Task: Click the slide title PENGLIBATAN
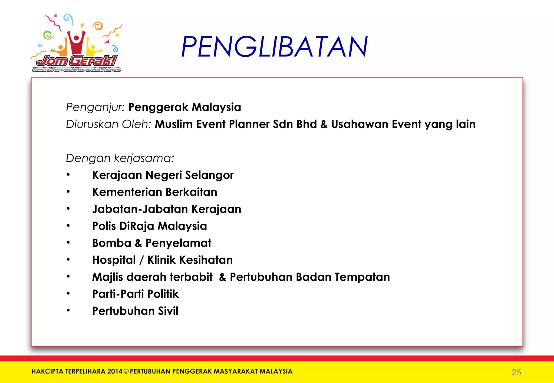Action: coord(274,47)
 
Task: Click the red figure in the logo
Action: coord(77,42)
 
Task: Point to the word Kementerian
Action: coord(127,192)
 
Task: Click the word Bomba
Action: coord(111,243)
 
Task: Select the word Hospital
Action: coord(114,260)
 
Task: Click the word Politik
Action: coord(163,294)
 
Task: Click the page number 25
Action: coord(516,372)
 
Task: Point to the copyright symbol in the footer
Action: coord(126,371)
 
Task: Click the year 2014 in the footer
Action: coord(115,371)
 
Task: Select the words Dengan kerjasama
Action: coord(120,158)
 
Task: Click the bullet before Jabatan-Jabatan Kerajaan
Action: coord(68,209)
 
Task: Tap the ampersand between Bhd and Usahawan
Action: coord(324,124)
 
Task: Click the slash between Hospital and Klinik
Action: coord(141,260)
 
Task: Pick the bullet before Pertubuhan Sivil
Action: coord(68,310)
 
